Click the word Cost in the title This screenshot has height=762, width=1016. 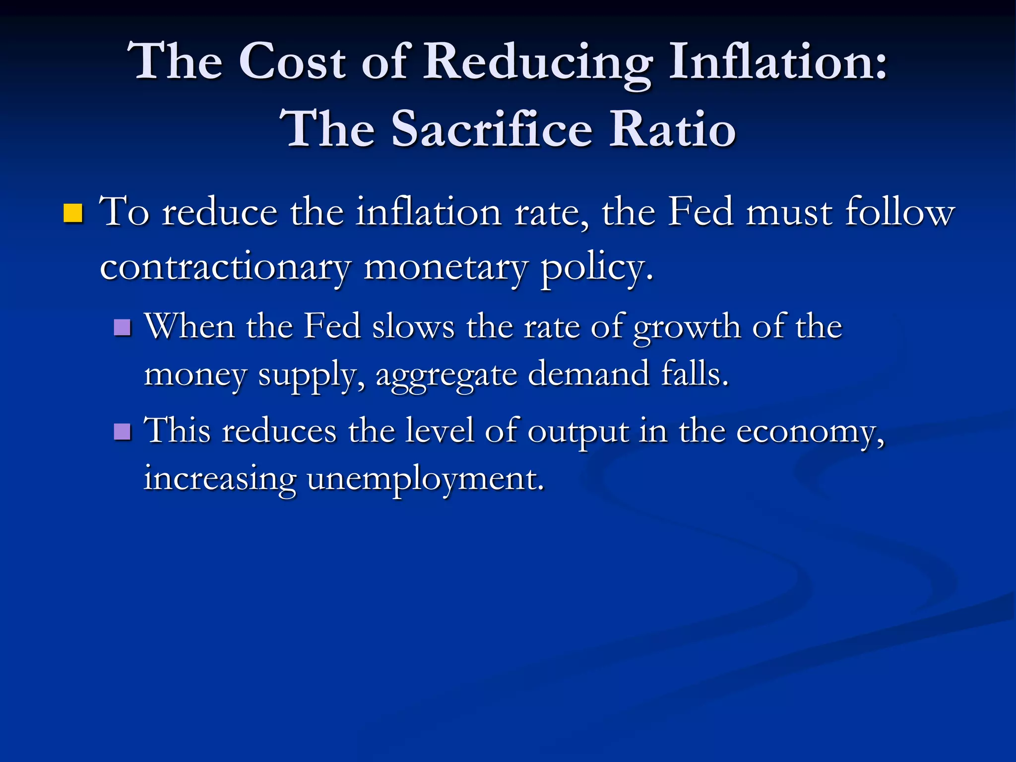point(292,62)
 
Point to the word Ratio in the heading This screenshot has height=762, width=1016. point(672,129)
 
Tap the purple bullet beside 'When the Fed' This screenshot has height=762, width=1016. point(122,327)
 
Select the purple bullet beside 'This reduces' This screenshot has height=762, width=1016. point(122,432)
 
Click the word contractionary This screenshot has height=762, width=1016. point(225,268)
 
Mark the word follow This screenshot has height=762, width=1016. point(899,212)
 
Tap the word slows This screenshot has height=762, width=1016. point(413,327)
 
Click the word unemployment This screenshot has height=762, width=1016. point(425,480)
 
